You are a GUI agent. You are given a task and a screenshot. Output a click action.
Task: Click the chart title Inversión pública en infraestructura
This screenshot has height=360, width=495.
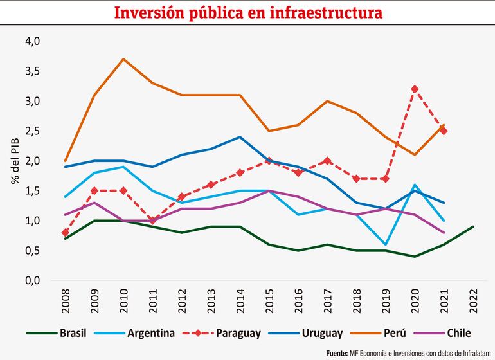point(248,13)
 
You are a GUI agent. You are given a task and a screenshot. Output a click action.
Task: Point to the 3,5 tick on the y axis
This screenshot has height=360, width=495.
point(32,71)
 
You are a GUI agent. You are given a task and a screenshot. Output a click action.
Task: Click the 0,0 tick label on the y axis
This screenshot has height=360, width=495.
point(32,281)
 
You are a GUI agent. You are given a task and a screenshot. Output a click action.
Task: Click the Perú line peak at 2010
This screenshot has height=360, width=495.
point(123,59)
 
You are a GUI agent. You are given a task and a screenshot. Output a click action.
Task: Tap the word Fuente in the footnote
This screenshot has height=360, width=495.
point(340,353)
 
